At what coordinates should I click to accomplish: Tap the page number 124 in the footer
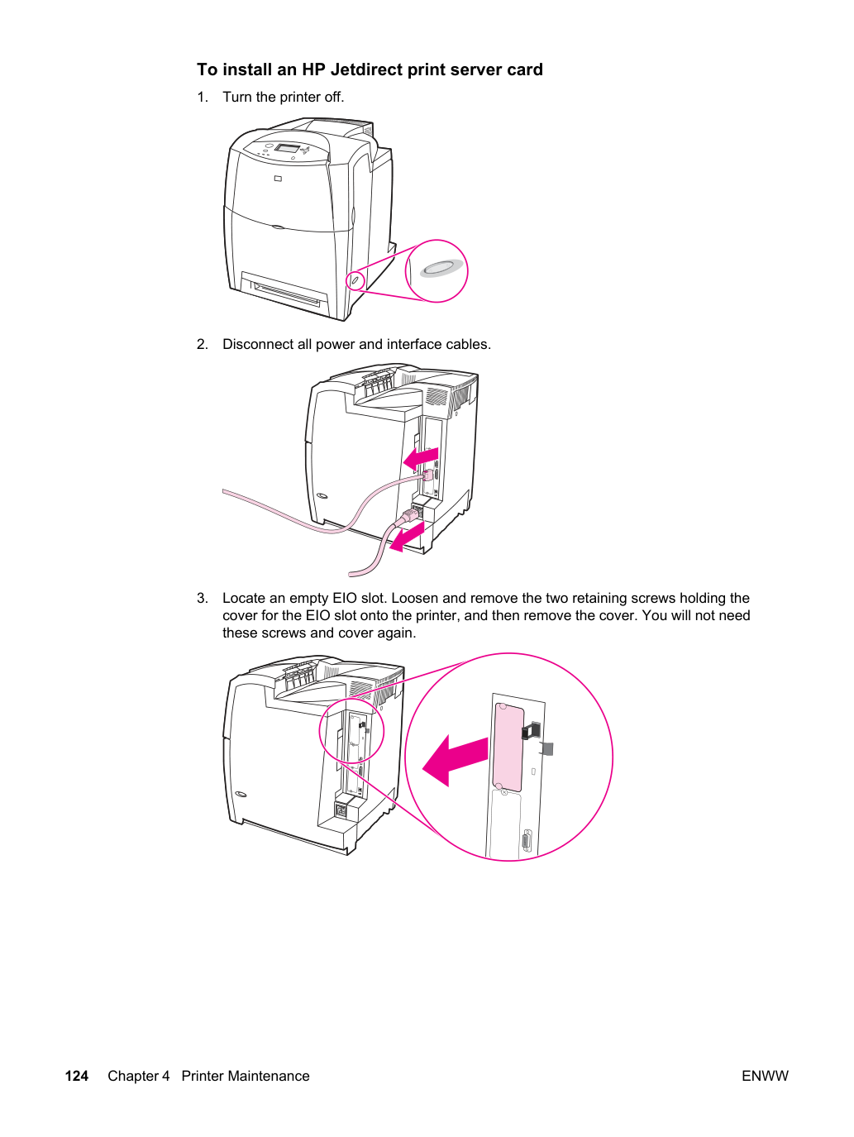[x=77, y=1076]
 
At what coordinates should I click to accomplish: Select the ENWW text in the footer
[x=765, y=1076]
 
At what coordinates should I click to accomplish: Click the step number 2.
[x=202, y=344]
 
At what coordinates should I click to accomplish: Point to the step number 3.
[x=202, y=598]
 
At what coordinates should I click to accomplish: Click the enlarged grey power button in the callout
[x=441, y=268]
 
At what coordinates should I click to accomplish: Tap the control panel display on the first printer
[x=286, y=148]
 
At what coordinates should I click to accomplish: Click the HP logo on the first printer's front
[x=278, y=179]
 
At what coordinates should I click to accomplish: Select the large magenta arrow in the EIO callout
[x=455, y=761]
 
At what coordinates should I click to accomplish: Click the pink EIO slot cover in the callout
[x=508, y=747]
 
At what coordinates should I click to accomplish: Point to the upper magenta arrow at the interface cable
[x=421, y=458]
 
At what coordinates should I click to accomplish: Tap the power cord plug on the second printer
[x=411, y=515]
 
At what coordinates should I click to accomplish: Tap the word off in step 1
[x=334, y=97]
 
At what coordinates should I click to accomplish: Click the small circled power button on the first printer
[x=355, y=281]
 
